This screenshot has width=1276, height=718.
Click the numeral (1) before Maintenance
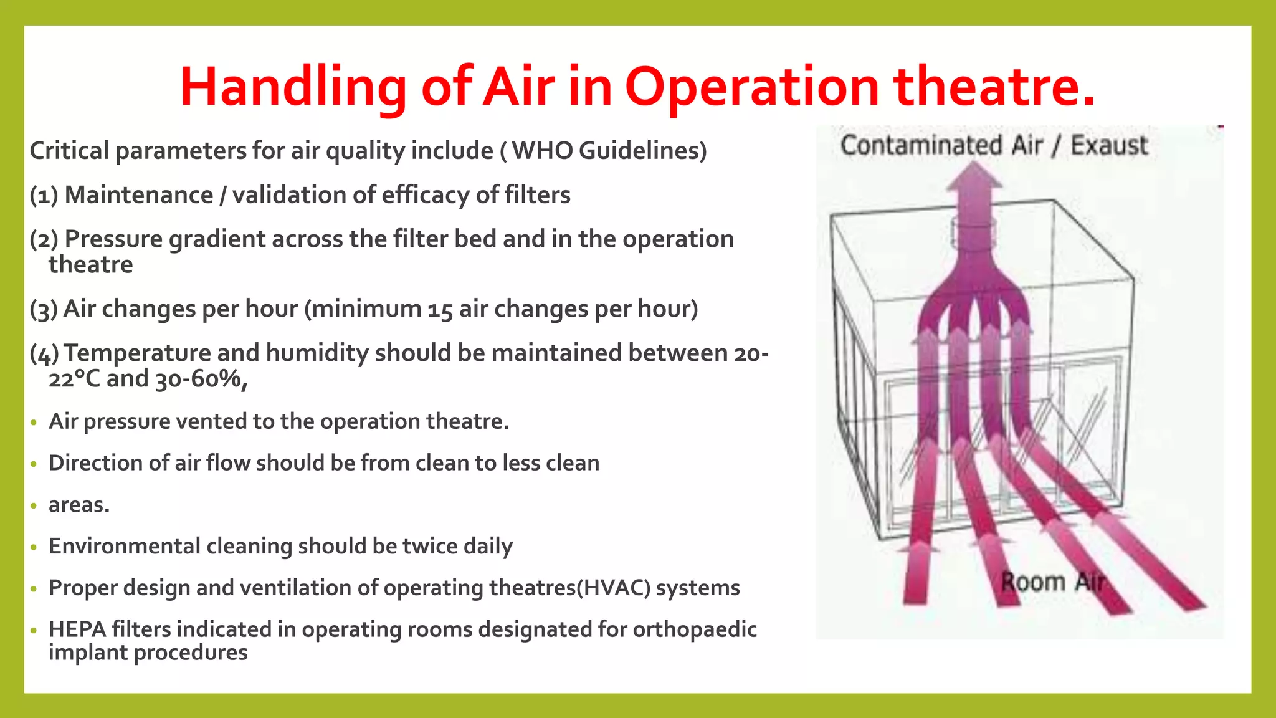tap(44, 195)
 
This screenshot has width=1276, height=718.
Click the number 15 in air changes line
tap(440, 310)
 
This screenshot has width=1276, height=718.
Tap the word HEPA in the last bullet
tap(77, 629)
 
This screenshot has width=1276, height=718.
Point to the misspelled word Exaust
tap(1109, 145)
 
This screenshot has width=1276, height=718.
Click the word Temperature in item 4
tap(137, 353)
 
